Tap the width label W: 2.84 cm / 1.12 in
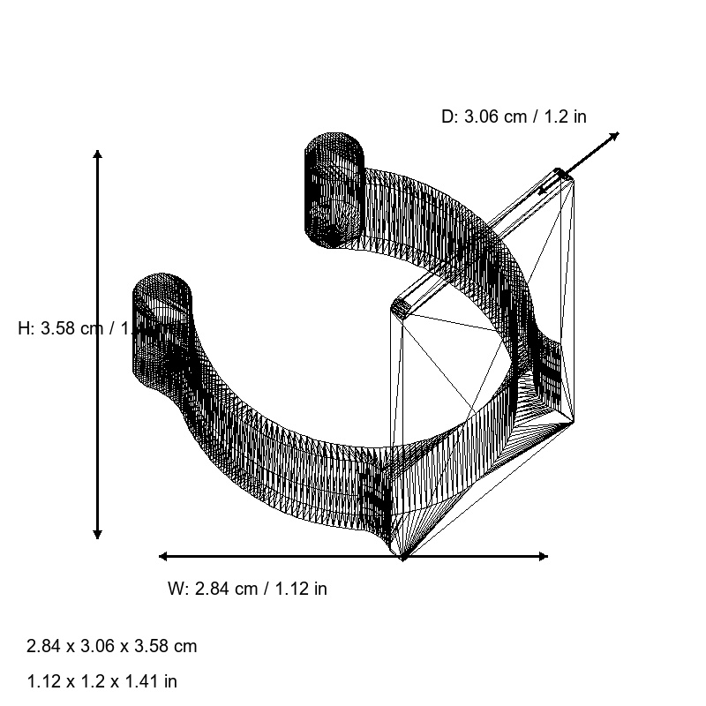coord(247,589)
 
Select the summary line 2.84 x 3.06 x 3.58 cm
coord(112,646)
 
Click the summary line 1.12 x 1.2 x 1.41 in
coord(102,681)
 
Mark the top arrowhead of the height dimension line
coord(97,155)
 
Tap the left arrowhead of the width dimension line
coord(163,556)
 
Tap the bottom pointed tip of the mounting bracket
coord(402,556)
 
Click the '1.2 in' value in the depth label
coord(565,116)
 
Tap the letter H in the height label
coord(24,329)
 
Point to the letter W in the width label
coord(175,589)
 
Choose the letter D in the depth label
coord(447,116)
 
